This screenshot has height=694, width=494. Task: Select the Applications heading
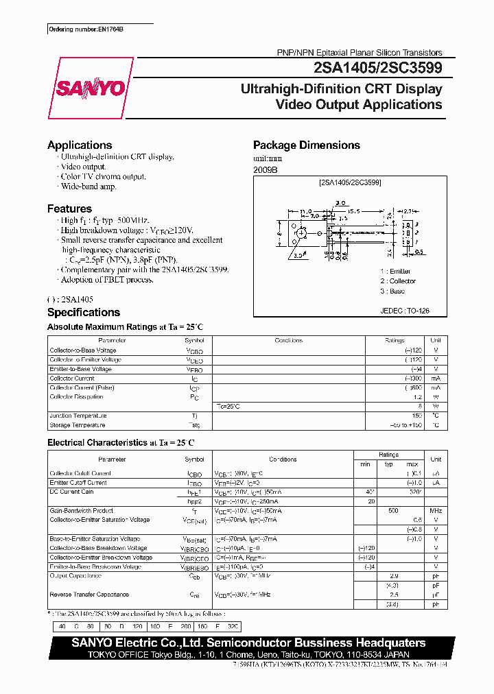point(80,145)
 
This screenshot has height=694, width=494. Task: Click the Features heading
point(69,208)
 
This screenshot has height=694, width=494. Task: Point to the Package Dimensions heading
point(306,145)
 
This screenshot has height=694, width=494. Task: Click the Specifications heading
point(84,313)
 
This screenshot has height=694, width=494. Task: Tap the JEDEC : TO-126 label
point(404,311)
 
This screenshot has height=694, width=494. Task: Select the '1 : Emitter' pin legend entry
point(396,272)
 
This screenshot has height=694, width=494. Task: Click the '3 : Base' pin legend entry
point(393,291)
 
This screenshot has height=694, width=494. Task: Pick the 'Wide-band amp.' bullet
point(89,186)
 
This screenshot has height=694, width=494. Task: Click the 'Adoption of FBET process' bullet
point(106,280)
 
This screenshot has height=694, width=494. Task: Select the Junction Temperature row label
point(78,416)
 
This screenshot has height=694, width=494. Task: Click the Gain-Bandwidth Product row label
point(81,510)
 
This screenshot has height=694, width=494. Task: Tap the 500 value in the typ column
point(392,511)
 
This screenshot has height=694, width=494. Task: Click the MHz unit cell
point(436,511)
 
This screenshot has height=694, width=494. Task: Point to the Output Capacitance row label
point(75,576)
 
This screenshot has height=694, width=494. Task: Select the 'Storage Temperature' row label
point(77,425)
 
